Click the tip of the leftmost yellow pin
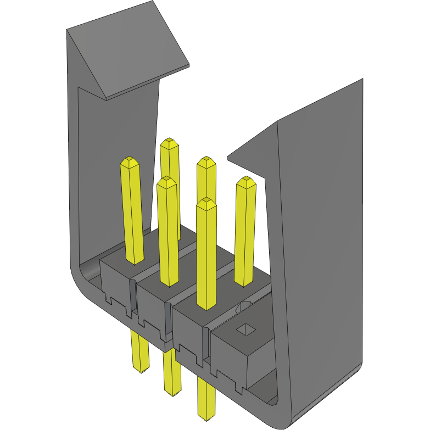(130, 161)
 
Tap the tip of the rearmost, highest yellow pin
(169, 143)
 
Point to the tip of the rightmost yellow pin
(246, 181)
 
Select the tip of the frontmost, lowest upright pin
(206, 202)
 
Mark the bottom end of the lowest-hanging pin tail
(206, 417)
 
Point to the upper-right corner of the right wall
(362, 80)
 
